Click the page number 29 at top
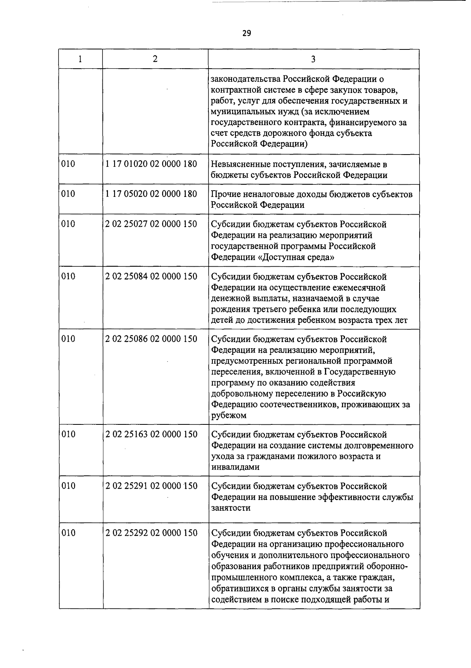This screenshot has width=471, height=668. coord(246,33)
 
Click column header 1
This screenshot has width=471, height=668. coord(80,59)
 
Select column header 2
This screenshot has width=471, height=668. coord(155,59)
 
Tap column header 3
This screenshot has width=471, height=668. coord(313,59)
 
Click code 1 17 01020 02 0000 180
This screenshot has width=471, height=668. coord(151,164)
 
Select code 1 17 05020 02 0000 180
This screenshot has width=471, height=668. coord(151,194)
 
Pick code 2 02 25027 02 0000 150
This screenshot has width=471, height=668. coord(151,224)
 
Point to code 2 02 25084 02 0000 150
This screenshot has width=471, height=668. coord(151,277)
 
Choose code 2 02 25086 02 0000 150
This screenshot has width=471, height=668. coord(151,339)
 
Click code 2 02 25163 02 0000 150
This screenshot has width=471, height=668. coord(151,434)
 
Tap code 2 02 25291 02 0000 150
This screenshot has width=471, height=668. coord(151,486)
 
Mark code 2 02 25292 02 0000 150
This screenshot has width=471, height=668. coord(151,533)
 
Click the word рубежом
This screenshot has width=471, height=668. coord(229,415)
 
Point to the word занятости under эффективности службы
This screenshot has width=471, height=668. coord(231,508)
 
